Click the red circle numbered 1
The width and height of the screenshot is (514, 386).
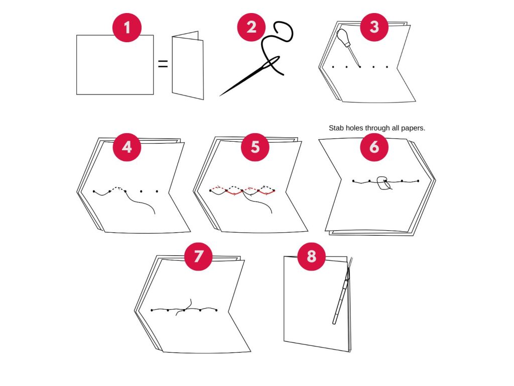click(127, 28)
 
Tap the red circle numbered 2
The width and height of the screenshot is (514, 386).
click(251, 27)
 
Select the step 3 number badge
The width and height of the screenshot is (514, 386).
click(374, 27)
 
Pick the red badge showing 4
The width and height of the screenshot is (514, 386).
click(127, 147)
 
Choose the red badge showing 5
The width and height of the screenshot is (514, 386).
click(255, 147)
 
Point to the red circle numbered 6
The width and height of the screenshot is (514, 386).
click(374, 147)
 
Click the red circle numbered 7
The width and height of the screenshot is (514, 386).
click(198, 256)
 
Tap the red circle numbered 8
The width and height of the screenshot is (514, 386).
click(311, 256)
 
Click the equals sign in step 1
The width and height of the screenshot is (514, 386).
click(163, 64)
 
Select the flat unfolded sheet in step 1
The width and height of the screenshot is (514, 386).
click(115, 65)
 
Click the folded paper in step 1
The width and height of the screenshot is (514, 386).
click(188, 66)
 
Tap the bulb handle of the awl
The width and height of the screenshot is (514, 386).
click(343, 36)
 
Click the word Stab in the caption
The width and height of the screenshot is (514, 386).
click(336, 128)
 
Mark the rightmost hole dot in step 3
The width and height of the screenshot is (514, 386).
click(387, 67)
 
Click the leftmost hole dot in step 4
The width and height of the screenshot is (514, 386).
click(94, 191)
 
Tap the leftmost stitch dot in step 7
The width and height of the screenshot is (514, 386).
click(152, 310)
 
